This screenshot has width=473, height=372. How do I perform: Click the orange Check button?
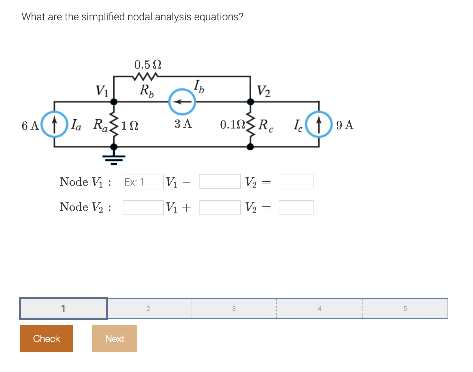(x=46, y=338)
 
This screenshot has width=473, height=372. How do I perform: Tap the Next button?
(x=114, y=338)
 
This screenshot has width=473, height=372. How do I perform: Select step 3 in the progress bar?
(x=234, y=309)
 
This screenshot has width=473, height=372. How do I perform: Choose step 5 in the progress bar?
(x=405, y=309)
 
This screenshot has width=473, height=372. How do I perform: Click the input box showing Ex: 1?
(x=143, y=182)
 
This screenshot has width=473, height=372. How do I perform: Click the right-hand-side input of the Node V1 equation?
(x=296, y=182)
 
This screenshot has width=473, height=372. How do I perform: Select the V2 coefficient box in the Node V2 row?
(x=220, y=208)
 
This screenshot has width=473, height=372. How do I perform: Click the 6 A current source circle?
(x=55, y=124)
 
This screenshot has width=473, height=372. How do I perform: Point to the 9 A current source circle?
(x=318, y=124)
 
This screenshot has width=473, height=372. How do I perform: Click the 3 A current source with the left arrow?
(x=182, y=102)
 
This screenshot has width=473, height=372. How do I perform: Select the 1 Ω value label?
(x=130, y=125)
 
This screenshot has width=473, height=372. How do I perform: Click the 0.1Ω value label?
(x=232, y=125)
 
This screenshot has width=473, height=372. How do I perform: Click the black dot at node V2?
(x=250, y=102)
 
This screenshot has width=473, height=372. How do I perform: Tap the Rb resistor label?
(x=147, y=91)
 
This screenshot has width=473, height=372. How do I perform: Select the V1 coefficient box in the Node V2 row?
(x=143, y=208)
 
